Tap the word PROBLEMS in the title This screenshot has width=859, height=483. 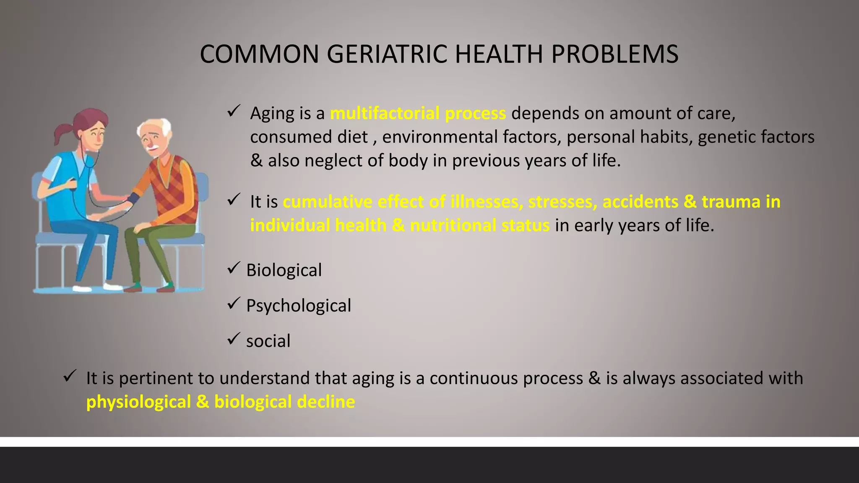[614, 55]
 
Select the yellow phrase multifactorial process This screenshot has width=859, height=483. [418, 114]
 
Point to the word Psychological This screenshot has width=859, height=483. [298, 306]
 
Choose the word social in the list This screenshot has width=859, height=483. [268, 341]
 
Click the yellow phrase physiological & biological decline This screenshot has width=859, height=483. [221, 402]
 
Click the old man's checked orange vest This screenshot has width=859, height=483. [178, 184]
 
